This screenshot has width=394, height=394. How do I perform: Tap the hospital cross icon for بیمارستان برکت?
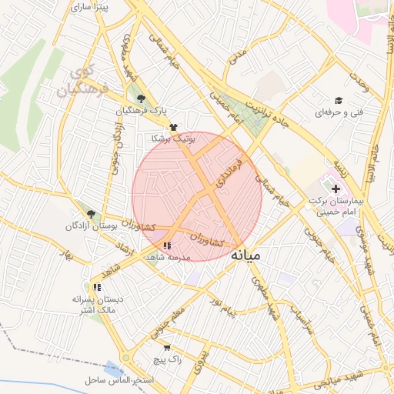click(335, 188)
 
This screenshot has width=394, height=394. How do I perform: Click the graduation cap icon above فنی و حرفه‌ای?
click(337, 100)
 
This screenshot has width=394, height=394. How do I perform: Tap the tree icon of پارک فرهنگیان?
click(140, 98)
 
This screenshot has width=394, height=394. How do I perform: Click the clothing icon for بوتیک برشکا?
click(173, 126)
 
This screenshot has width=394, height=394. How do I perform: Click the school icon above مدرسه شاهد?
click(167, 245)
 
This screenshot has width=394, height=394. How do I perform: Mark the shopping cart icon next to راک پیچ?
click(167, 347)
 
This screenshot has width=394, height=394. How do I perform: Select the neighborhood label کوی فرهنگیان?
click(78, 84)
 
